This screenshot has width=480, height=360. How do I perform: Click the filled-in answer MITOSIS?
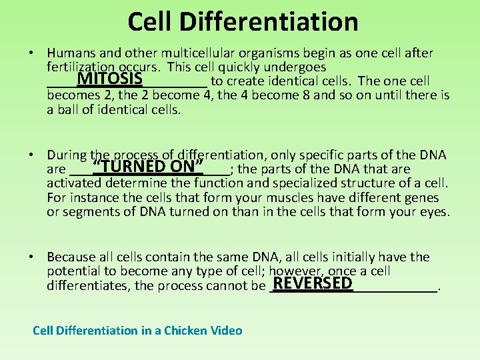tap(110, 79)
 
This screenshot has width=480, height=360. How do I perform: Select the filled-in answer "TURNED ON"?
tap(148, 166)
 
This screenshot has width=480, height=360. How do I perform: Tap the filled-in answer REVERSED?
tap(313, 283)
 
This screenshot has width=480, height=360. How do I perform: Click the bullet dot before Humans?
tap(32, 53)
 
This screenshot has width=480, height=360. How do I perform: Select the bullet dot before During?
tap(32, 155)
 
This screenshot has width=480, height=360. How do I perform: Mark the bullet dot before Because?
tap(32, 257)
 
